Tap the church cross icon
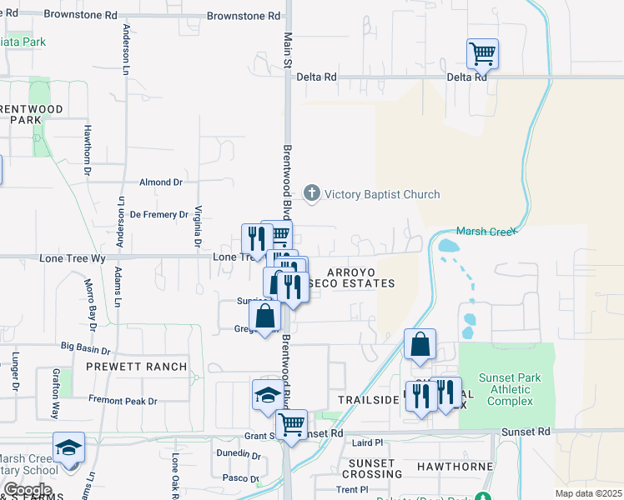pyautogui.click(x=312, y=194)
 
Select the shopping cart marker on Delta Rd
pyautogui.click(x=482, y=55)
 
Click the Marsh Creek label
pyautogui.click(x=487, y=231)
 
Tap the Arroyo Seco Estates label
pyautogui.click(x=360, y=277)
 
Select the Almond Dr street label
pyautogui.click(x=161, y=182)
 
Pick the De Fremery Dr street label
pyautogui.click(x=160, y=214)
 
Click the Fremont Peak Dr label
pyautogui.click(x=123, y=401)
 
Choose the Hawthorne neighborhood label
pyautogui.click(x=455, y=467)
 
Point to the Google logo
pyautogui.click(x=27, y=490)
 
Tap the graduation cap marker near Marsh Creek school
pyautogui.click(x=69, y=448)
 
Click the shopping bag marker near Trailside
pyautogui.click(x=420, y=344)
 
